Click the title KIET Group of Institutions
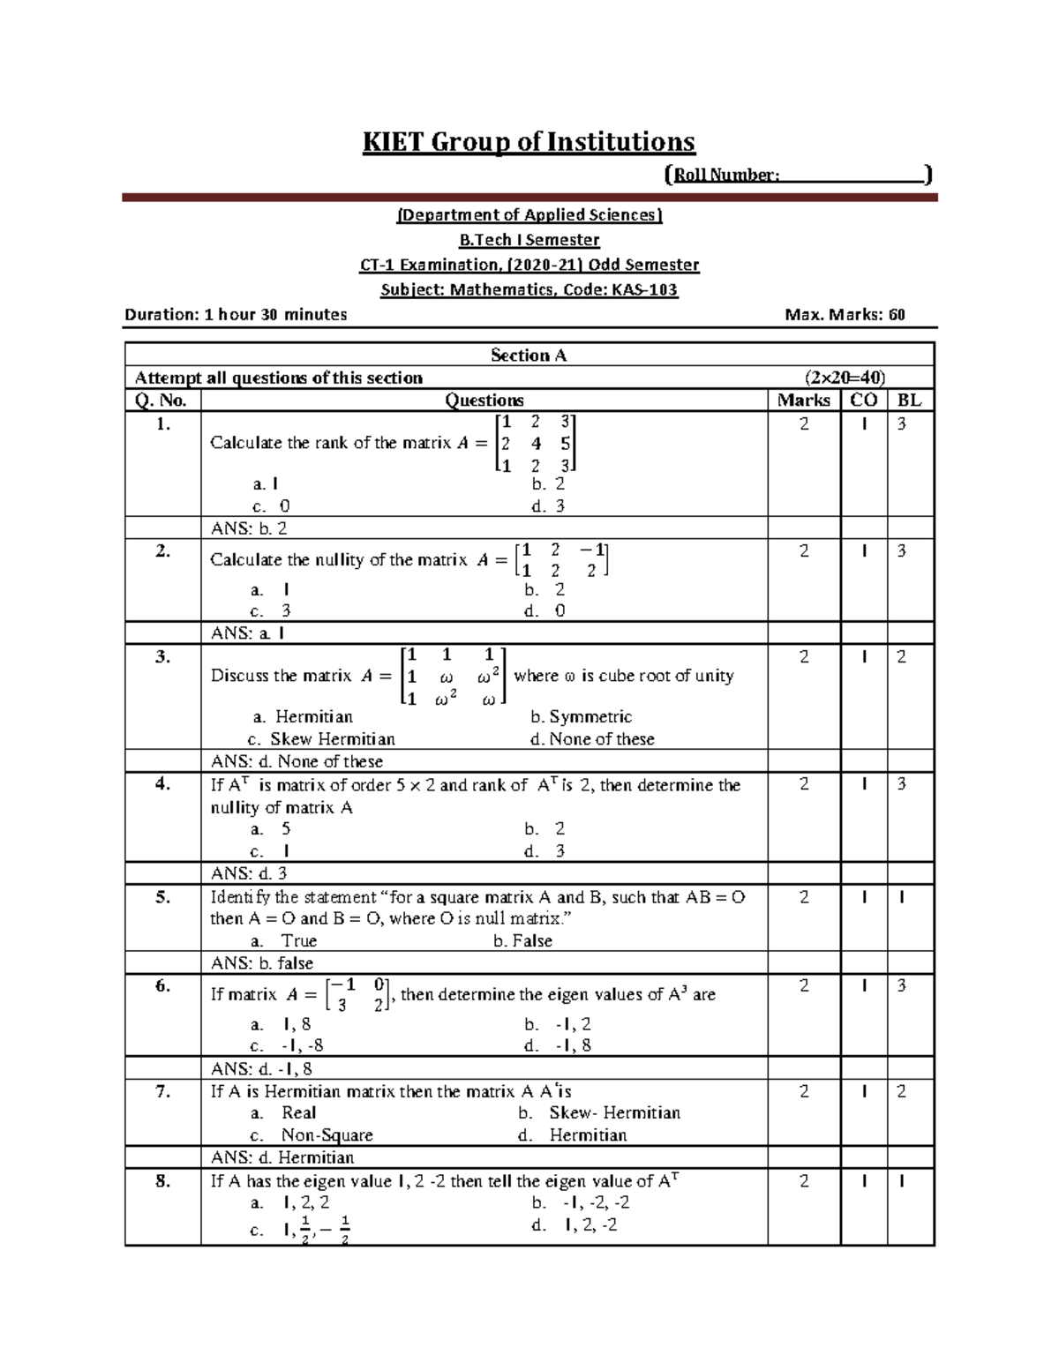(529, 142)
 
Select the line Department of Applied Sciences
(529, 215)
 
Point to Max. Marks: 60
(845, 315)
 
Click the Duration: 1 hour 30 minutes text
(236, 315)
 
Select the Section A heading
(529, 356)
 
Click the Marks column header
(803, 401)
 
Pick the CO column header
(863, 401)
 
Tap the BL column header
(909, 401)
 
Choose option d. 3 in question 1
(548, 506)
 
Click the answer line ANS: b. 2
(249, 528)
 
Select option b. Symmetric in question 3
(581, 717)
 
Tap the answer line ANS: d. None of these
(297, 761)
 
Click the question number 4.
(162, 784)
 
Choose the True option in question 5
(298, 941)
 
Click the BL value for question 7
(901, 1092)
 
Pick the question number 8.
(162, 1181)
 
